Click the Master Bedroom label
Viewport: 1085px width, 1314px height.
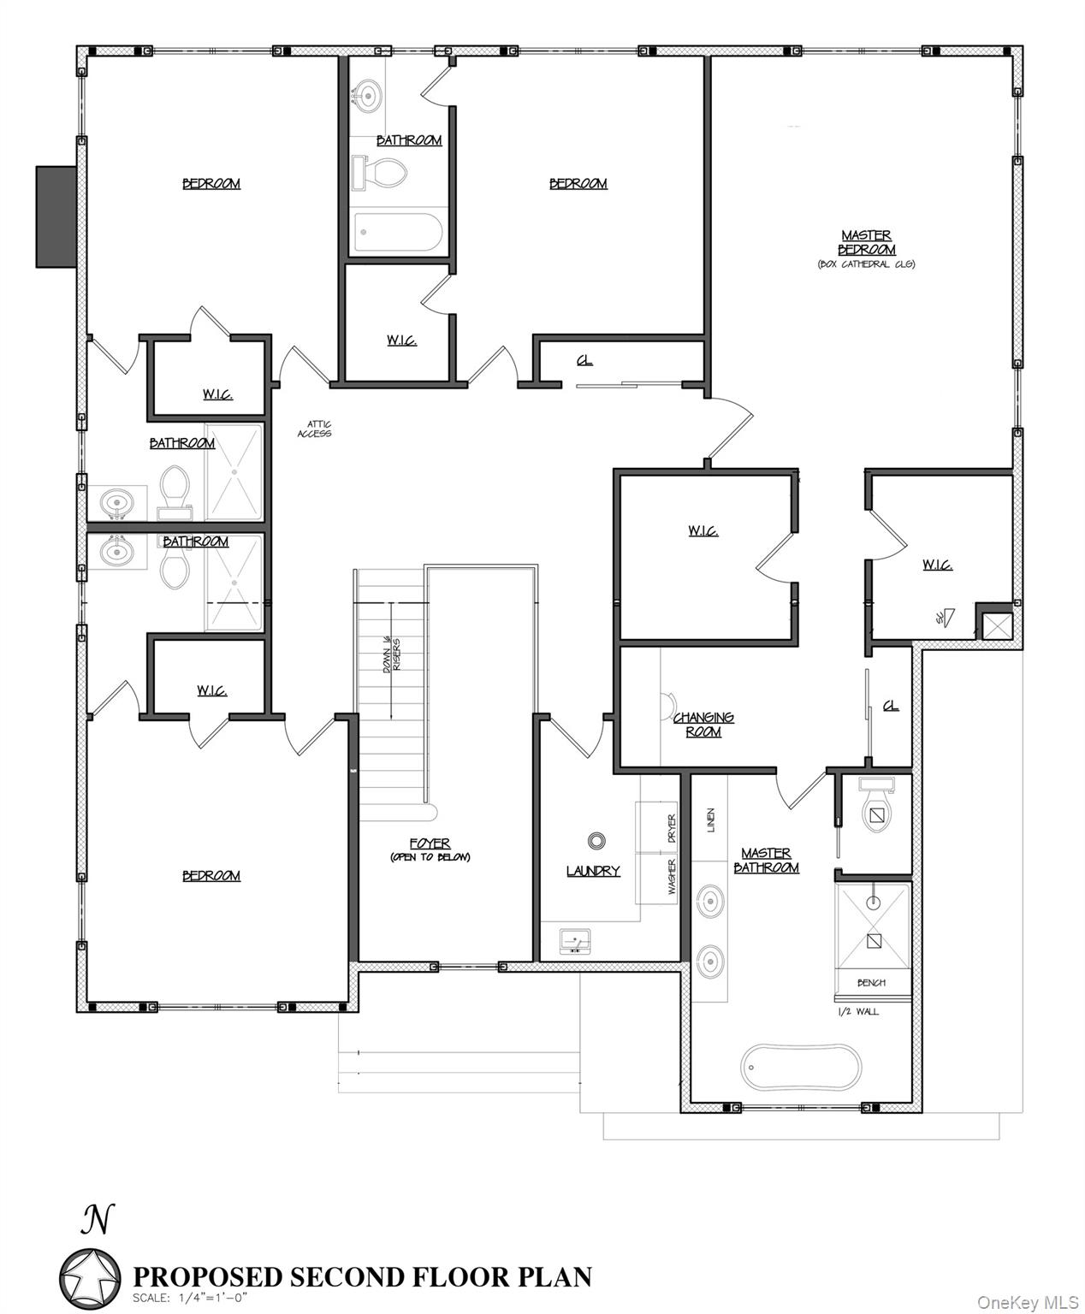866,242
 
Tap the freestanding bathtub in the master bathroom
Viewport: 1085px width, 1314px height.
799,1066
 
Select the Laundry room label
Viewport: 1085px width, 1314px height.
592,871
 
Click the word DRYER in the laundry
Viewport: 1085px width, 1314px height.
672,828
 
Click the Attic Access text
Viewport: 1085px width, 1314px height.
314,429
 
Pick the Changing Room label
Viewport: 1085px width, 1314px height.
703,725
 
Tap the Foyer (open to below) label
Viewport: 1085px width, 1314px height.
430,849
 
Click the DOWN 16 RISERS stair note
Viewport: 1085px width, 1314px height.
392,654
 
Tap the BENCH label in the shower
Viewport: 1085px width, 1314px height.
871,983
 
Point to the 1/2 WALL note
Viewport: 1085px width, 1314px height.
857,1011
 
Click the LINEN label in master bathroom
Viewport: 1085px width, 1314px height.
710,820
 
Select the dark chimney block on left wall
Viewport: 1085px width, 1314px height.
56,216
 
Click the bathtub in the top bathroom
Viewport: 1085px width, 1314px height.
398,232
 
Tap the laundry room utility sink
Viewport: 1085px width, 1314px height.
573,942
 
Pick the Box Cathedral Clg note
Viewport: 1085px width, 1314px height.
866,264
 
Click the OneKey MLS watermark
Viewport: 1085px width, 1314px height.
1028,1302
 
